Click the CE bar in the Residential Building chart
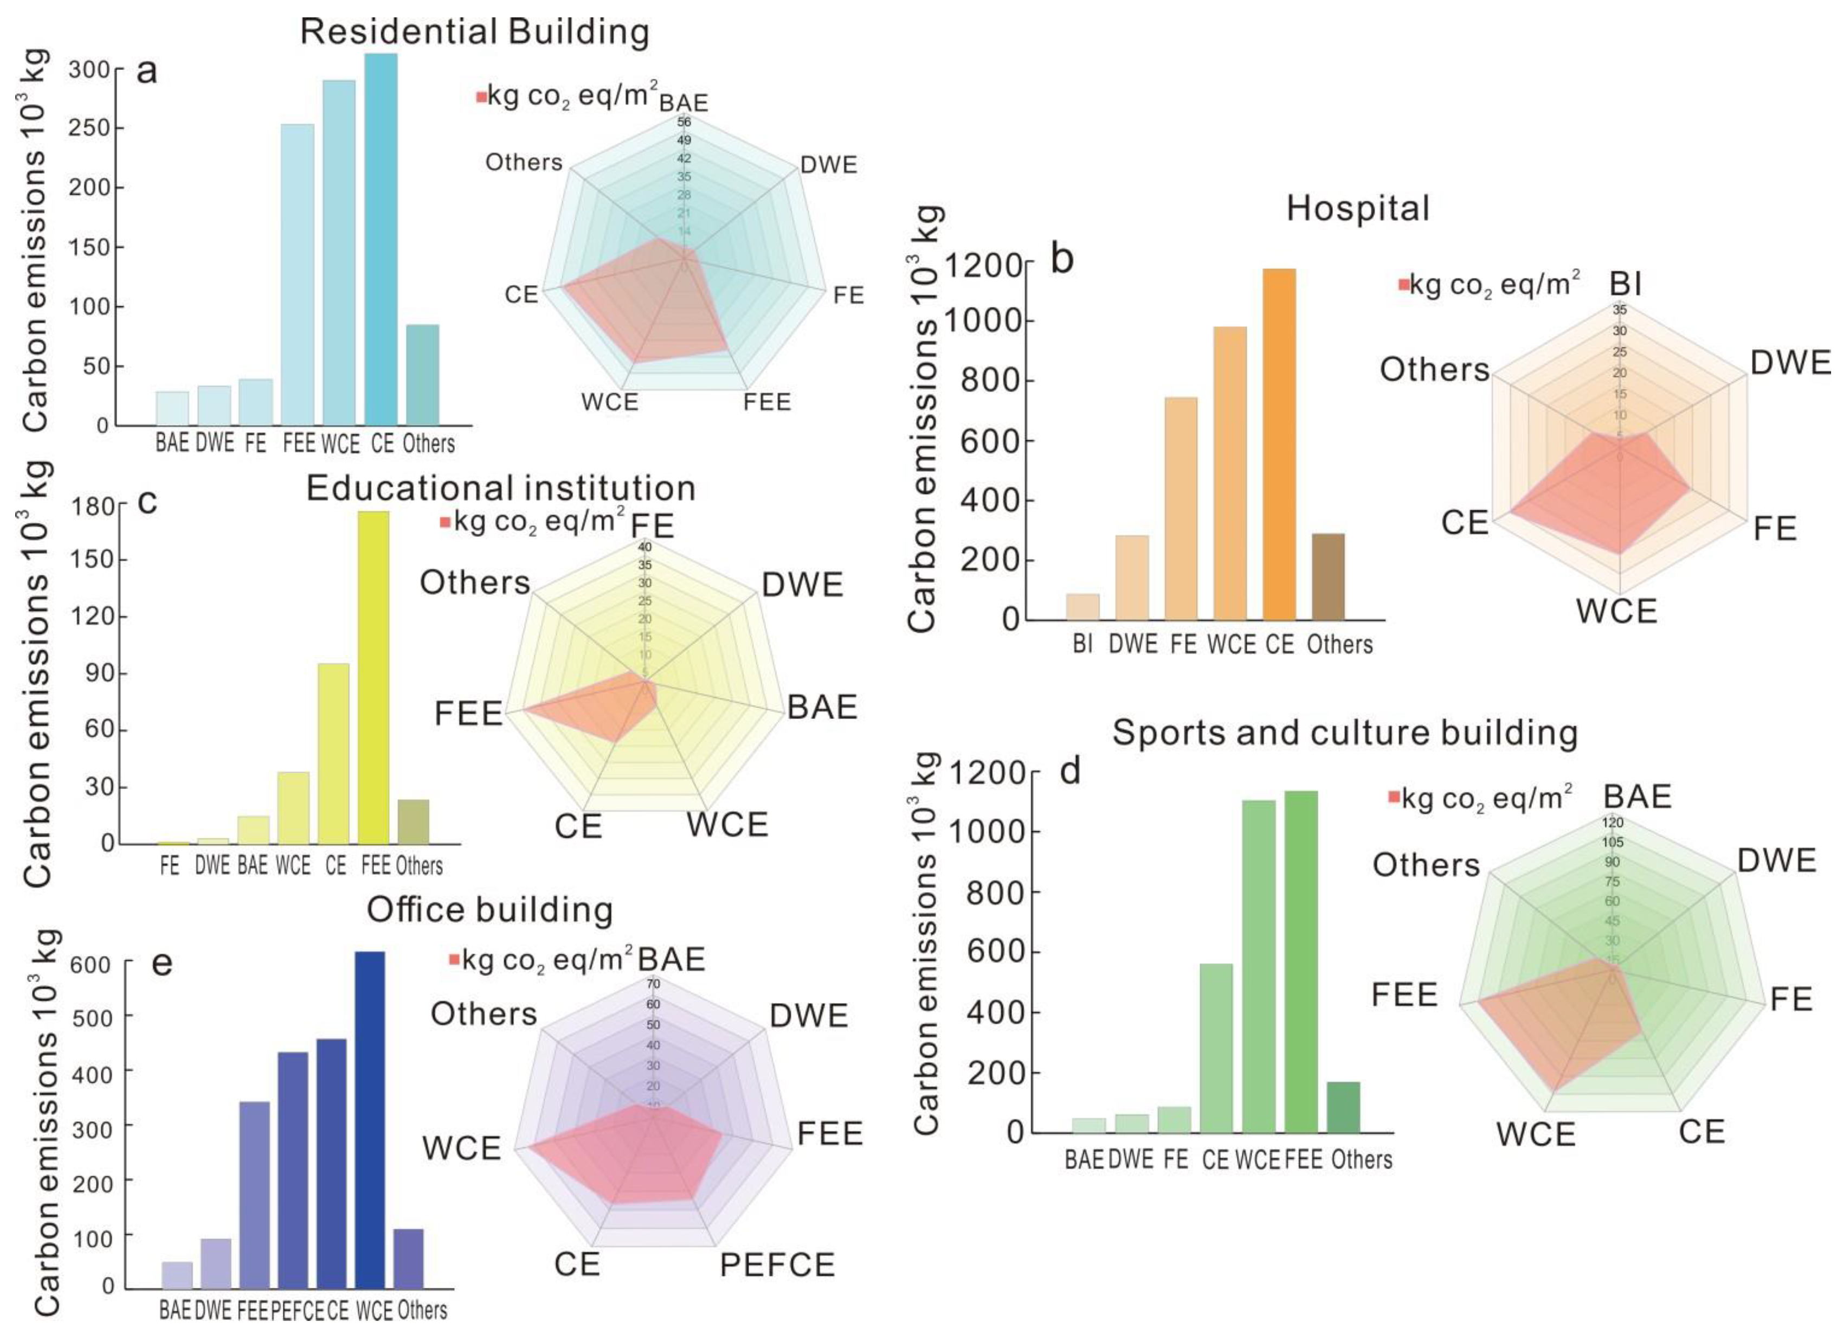[381, 240]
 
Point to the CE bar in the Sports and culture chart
[1216, 1048]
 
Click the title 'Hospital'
[1357, 209]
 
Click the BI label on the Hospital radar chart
[1625, 284]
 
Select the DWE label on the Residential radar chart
[828, 165]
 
